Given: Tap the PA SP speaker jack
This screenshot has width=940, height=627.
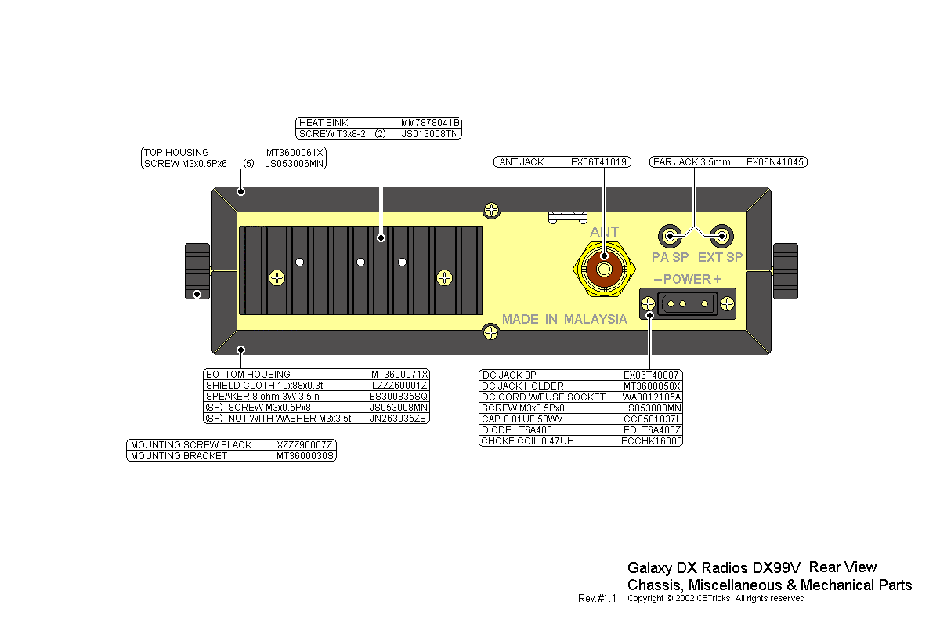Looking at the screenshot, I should pos(671,235).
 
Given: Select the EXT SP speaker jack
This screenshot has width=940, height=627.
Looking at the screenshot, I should pos(721,235).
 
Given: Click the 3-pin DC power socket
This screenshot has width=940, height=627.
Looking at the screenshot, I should pos(689,303).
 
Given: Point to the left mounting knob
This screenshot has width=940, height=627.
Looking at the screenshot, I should pos(197,271).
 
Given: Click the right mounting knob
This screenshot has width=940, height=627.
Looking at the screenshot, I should pos(785,271).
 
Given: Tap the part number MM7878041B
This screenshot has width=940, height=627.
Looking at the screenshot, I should pos(430,123).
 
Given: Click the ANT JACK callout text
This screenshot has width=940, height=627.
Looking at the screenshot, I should pos(521,162).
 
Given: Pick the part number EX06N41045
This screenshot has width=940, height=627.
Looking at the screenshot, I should pos(775,162).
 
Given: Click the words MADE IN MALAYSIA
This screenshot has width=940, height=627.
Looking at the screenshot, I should pos(564,319).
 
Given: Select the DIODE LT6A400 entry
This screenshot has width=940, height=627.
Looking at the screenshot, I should pos(516,430).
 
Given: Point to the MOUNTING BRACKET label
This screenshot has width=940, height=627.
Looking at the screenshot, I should pos(179,456).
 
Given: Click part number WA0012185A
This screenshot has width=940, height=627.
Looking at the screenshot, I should pos(652,397).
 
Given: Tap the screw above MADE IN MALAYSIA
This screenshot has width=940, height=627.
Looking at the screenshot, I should pos(491,209).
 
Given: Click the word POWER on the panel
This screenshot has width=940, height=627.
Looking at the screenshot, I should pos(687,279).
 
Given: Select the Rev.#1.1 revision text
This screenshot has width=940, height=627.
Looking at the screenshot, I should pos(598,599).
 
